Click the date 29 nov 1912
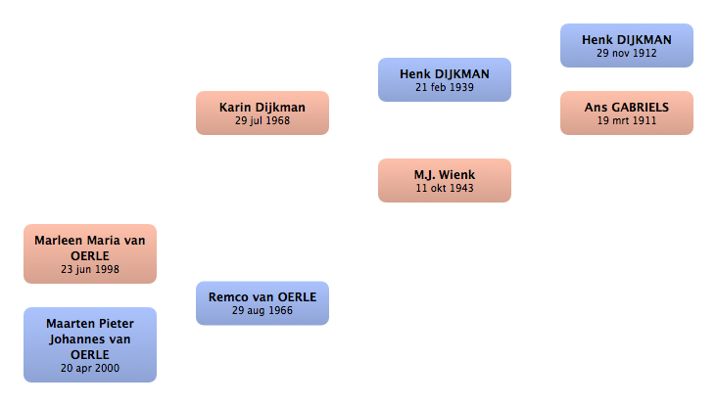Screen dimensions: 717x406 pos(627,53)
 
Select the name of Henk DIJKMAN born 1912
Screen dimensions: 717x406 pos(627,40)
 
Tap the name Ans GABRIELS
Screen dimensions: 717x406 pos(627,108)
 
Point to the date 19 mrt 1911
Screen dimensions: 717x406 pos(627,120)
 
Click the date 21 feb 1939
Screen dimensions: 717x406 pos(445,87)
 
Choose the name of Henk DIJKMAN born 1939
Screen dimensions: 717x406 pos(445,74)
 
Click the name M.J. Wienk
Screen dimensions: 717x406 pos(445,175)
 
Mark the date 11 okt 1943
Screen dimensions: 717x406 pos(445,188)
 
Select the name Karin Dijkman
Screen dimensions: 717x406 pos(262,108)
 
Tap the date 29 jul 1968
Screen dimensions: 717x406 pos(263,120)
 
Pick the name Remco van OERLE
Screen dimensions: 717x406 pos(263,297)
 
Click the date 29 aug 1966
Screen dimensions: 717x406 pos(262,310)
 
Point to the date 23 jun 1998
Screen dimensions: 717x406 pos(90,269)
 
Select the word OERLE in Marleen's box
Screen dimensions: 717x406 pos(90,256)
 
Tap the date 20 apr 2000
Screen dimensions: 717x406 pos(90,368)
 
